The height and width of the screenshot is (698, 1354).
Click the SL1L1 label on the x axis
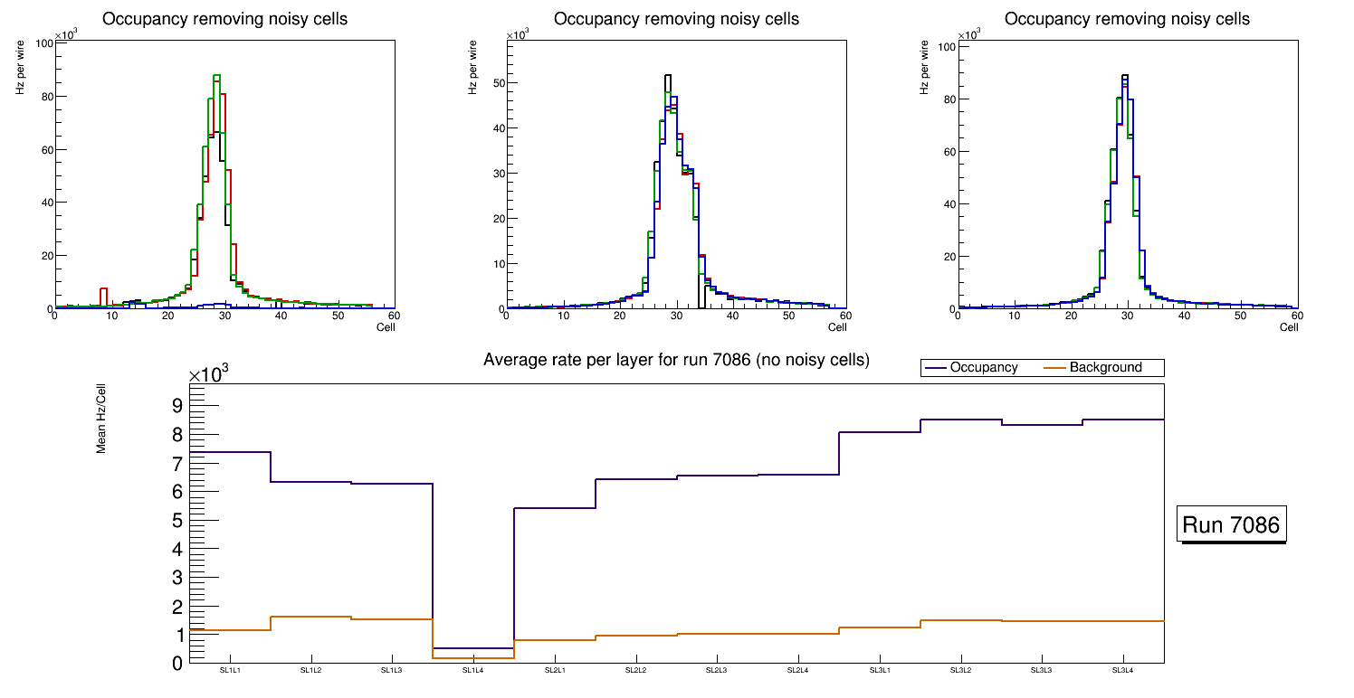click(x=229, y=671)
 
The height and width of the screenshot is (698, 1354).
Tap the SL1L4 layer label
click(x=473, y=671)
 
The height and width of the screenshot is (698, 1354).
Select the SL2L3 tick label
click(x=717, y=671)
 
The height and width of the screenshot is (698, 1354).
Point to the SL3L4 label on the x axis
click(x=1123, y=671)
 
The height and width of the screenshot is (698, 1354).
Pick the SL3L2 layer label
click(x=960, y=671)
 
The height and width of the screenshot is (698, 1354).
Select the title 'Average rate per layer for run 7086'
click(x=676, y=360)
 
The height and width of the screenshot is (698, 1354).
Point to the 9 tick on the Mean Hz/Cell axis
click(x=177, y=405)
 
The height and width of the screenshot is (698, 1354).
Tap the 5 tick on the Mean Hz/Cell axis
click(x=177, y=520)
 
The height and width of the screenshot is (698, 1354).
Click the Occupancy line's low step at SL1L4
click(x=473, y=648)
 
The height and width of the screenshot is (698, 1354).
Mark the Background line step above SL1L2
click(x=310, y=617)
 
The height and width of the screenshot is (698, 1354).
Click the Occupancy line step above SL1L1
click(x=229, y=452)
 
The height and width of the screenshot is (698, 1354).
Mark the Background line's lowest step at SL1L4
click(x=473, y=657)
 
